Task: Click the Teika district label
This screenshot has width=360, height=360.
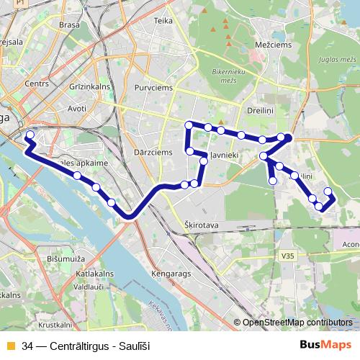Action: (x=163, y=21)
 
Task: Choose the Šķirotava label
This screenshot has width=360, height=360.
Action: (x=202, y=225)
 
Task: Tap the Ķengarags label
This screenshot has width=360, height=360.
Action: (x=171, y=274)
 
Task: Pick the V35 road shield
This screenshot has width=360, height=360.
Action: (x=288, y=254)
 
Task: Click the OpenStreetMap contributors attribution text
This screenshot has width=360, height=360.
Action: (x=297, y=323)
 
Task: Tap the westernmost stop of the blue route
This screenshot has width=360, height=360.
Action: (x=30, y=135)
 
